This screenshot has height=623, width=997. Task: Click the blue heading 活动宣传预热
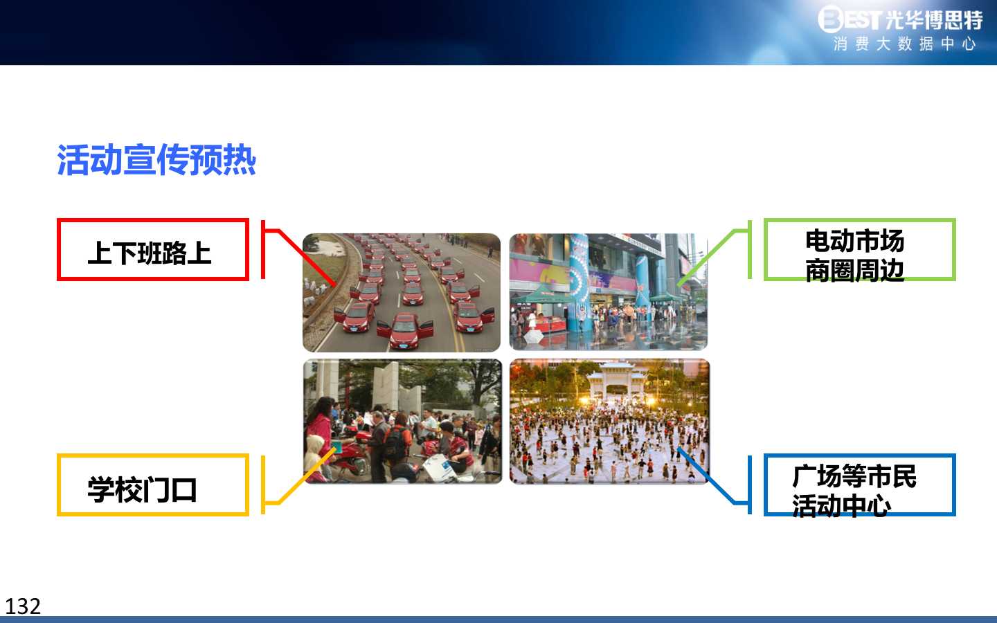156,160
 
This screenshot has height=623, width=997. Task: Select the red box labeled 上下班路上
152,219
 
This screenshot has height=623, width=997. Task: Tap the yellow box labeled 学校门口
152,455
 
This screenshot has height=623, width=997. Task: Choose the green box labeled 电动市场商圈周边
859,220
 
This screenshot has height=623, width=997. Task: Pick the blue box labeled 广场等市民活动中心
859,455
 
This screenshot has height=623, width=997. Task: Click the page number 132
23,606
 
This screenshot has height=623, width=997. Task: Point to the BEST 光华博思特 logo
900,19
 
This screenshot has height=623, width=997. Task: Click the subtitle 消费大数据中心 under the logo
904,44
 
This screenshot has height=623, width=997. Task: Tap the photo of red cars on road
402,292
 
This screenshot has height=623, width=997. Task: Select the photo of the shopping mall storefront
609,291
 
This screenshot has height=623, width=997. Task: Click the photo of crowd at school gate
402,421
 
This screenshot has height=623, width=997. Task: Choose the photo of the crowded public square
609,421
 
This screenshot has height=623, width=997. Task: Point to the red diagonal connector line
307,258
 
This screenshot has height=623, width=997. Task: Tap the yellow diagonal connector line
307,476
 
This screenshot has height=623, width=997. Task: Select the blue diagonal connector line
706,476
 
